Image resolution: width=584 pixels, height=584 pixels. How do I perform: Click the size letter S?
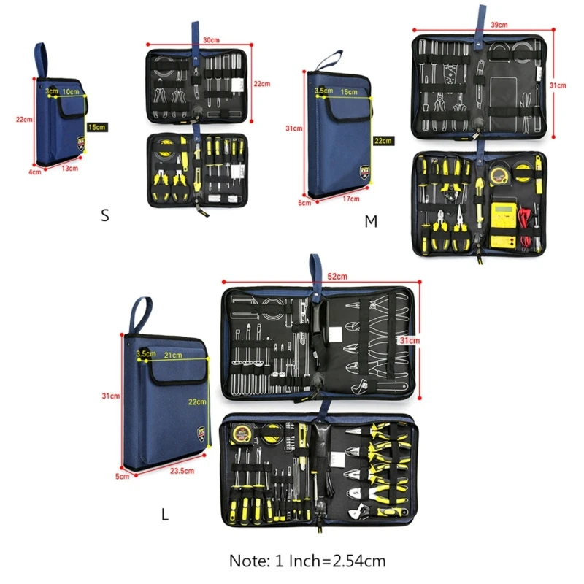coord(105,215)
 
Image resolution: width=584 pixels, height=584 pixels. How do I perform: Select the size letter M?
coord(371,221)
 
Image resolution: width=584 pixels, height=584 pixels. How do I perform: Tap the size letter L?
coord(165,514)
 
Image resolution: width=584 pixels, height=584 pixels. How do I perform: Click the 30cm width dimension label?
coord(212,41)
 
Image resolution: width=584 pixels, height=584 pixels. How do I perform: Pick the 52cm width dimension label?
coord(337,275)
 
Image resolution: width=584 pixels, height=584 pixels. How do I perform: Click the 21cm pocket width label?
coord(173,355)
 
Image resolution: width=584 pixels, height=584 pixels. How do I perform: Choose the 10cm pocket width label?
coord(71,92)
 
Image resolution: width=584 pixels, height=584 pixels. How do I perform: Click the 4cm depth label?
coord(34,172)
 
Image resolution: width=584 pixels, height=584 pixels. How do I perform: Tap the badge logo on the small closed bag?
coord(80,142)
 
